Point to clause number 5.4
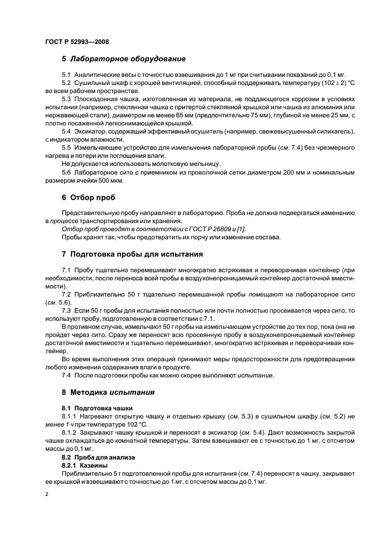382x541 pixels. click(x=66, y=132)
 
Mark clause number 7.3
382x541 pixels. click(x=66, y=310)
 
